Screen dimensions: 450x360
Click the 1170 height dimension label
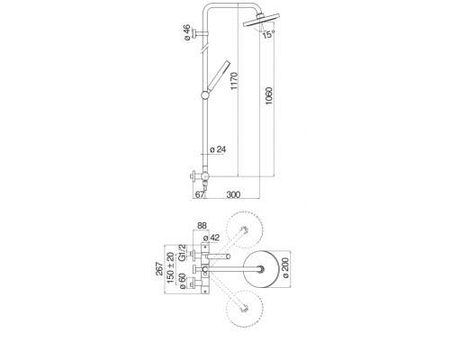[x=234, y=80]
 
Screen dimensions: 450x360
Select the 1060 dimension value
[x=269, y=95]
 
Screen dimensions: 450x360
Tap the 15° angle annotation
[x=269, y=34]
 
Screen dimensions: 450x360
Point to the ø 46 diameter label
[x=186, y=32]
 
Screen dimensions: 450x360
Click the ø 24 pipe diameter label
[x=218, y=149]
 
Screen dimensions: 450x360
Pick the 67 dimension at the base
[x=200, y=194]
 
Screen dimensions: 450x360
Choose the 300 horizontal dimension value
[x=233, y=194]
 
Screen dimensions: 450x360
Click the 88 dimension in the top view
[x=202, y=226]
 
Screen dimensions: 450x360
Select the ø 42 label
[x=211, y=238]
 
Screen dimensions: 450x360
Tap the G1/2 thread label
[x=182, y=253]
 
